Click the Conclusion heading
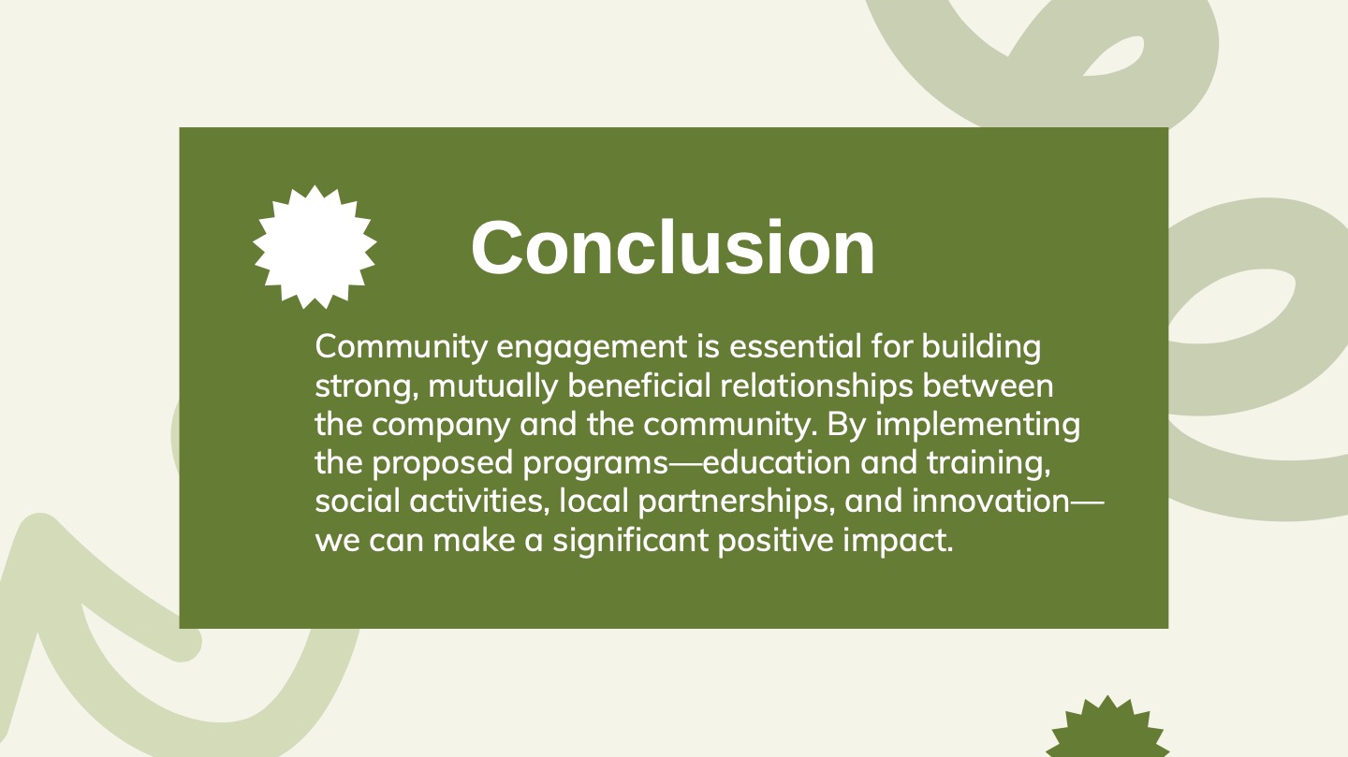click(x=673, y=247)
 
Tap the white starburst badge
click(x=315, y=247)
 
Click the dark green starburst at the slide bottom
click(x=1107, y=727)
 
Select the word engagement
click(x=592, y=348)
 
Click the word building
click(x=981, y=348)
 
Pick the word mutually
click(x=492, y=387)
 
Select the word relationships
click(x=816, y=387)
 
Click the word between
click(x=989, y=386)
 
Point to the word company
click(x=441, y=426)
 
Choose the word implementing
click(x=978, y=426)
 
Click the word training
click(x=989, y=464)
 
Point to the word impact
click(x=898, y=541)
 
